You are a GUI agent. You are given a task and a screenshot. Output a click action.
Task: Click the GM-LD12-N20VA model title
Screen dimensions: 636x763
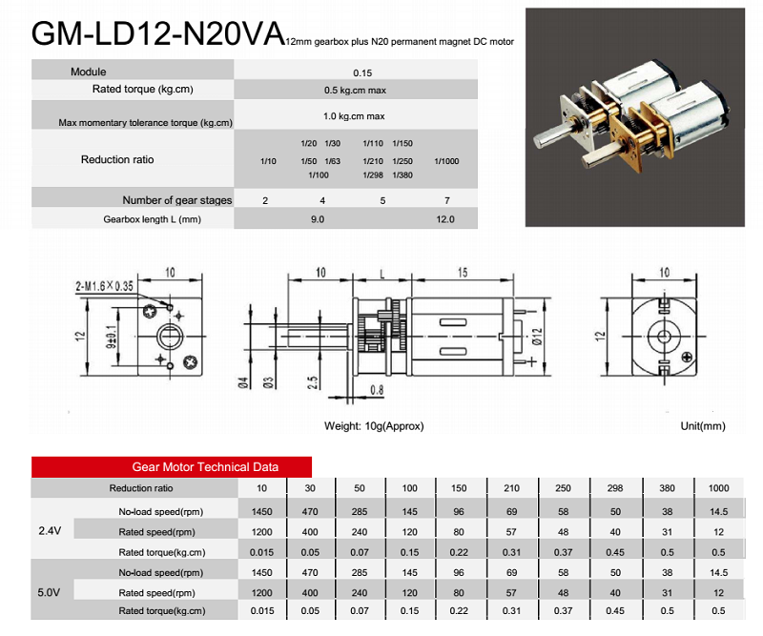157,34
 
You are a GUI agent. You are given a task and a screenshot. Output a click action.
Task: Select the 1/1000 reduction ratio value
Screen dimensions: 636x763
446,161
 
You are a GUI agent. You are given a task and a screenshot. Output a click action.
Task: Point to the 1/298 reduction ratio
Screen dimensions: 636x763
373,175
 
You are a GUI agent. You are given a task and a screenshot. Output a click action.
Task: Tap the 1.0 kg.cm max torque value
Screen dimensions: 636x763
354,116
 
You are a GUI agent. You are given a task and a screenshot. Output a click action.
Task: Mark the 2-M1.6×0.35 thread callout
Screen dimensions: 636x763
105,285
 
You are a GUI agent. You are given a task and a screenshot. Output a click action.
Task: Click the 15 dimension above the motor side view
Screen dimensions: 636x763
462,274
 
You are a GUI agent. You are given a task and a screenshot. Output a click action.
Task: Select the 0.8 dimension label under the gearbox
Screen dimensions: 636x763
376,389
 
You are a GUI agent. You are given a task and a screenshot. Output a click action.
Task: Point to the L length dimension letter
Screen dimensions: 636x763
381,274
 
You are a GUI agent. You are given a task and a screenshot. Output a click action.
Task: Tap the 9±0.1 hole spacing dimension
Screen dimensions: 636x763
112,336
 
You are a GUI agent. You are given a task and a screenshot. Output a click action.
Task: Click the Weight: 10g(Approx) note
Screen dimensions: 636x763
374,426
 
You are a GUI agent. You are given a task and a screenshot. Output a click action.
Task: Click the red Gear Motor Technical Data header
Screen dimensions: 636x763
205,467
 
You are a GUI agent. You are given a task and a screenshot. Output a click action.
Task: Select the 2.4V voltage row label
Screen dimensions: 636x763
50,531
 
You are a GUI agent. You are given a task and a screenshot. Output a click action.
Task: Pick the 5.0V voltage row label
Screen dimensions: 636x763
50,592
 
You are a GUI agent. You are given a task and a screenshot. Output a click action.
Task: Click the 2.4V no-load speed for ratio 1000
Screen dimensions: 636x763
718,511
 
